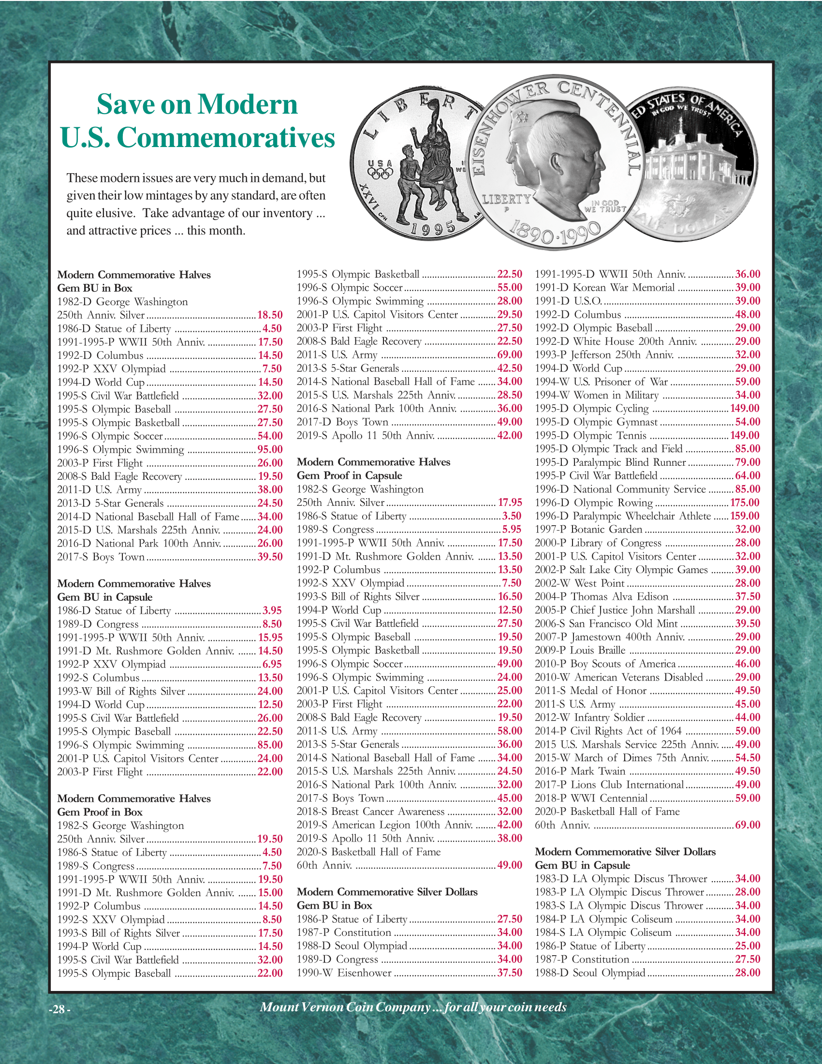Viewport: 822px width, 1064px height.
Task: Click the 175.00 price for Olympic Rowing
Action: coord(745,503)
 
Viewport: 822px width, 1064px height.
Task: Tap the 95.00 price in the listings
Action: coord(270,450)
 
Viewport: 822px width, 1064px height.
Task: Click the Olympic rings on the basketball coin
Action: coord(380,174)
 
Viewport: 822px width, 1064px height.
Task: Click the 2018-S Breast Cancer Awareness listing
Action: coord(370,812)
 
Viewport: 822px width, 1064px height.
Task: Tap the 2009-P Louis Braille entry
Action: coord(580,650)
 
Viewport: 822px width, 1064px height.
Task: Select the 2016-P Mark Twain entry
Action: coord(580,771)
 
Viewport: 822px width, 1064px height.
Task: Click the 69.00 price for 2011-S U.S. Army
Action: coord(509,355)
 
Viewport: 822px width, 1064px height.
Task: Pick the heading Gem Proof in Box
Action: coord(100,812)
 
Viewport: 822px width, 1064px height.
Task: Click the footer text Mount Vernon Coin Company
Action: coord(345,1007)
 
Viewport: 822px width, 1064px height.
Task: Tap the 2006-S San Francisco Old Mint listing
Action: coord(606,623)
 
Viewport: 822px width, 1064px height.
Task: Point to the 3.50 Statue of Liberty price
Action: coord(511,516)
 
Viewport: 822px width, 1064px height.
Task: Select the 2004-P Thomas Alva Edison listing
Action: coord(602,597)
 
